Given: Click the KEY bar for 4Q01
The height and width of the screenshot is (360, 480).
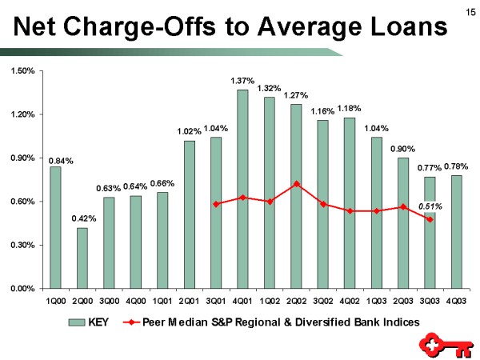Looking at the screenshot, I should coord(242,188).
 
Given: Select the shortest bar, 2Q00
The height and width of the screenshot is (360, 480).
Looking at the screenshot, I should coord(82,258).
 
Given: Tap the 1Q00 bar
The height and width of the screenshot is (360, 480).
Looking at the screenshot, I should coord(55,227).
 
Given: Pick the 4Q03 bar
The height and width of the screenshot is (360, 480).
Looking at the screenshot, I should coord(457,231).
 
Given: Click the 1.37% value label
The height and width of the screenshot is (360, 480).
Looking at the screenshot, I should coord(242,81).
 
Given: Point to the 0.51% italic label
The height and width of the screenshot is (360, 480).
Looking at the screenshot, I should coord(430,206).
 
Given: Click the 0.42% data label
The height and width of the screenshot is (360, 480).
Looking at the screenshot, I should coord(82,218).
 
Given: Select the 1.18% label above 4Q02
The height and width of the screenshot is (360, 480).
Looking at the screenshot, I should coord(350,108).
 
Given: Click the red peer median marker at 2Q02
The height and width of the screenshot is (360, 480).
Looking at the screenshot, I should coord(296,184).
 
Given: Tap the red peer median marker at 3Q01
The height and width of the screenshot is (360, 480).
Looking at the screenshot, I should coord(216,204).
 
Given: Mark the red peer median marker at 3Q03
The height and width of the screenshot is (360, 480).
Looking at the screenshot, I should coord(430,219).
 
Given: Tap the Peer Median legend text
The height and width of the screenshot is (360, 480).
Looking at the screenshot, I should coord(280,322).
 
